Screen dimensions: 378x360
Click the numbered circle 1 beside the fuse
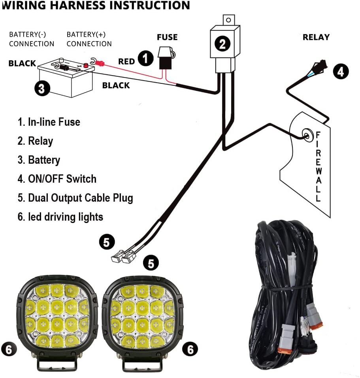[x=145, y=59]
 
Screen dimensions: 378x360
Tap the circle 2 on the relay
[x=222, y=43]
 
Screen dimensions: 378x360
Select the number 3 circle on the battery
[x=42, y=88]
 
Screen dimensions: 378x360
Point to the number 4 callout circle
[x=341, y=71]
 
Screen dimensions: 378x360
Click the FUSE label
[x=167, y=38]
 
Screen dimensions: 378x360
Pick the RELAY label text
[x=316, y=37]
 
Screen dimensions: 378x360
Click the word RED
[x=126, y=62]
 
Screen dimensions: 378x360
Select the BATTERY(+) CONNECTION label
[x=89, y=39]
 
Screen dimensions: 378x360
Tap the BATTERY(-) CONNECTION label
[x=32, y=39]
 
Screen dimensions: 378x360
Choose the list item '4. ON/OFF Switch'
[x=57, y=179]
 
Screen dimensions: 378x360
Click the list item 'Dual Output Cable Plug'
[x=75, y=198]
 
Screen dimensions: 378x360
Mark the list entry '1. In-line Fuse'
[x=49, y=122]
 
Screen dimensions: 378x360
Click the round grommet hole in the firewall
[x=307, y=136]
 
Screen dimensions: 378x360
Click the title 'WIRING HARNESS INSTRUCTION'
[x=95, y=6]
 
